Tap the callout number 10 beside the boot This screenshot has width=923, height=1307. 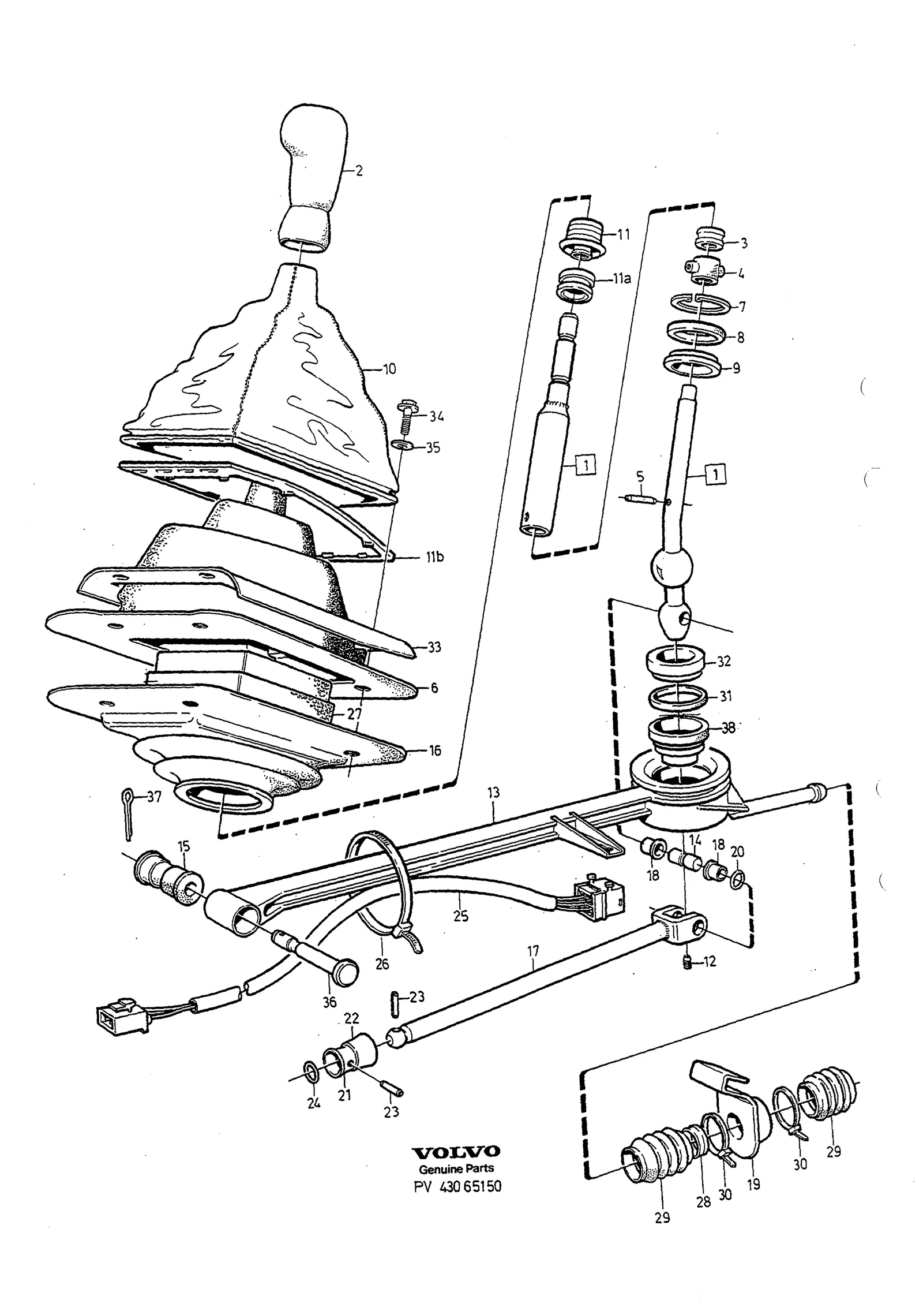tap(389, 369)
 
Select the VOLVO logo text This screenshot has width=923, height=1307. tap(456, 1152)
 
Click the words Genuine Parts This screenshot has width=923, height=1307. tap(456, 1168)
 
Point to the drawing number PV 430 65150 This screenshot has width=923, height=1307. tap(457, 1186)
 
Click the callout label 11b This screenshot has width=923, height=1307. tap(433, 558)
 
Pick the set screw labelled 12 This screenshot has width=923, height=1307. tap(687, 962)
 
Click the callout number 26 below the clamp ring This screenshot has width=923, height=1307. tap(382, 964)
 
